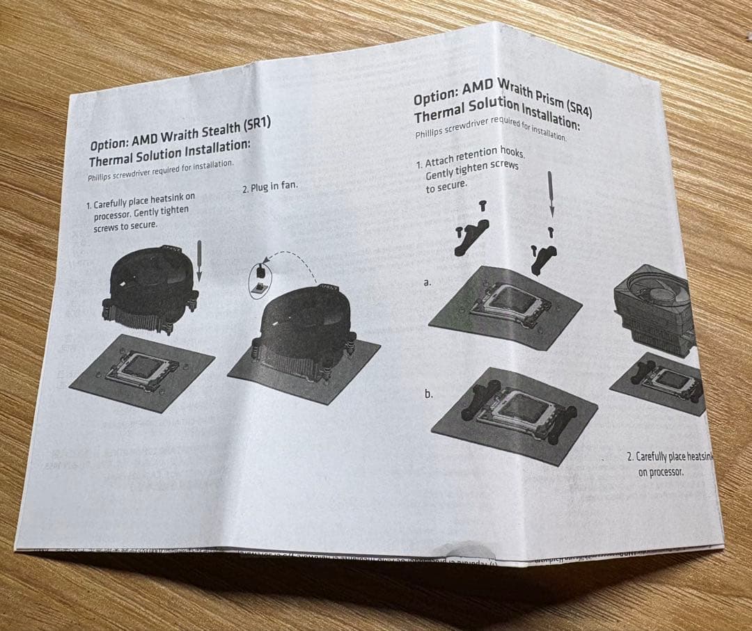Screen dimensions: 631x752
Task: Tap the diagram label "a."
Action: [x=427, y=283]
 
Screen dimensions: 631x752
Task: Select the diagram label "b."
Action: [x=429, y=394]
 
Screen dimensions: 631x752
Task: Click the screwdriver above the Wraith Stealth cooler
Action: [x=199, y=261]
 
